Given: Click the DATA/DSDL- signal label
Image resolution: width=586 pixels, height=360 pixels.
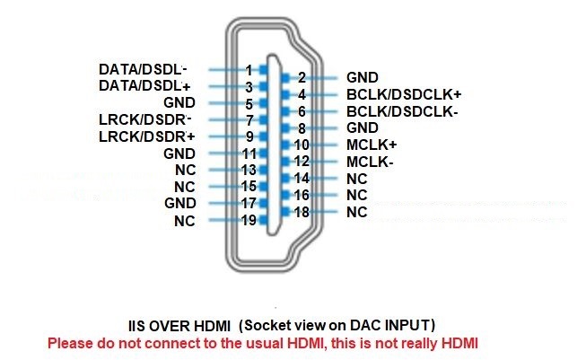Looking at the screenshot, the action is [143, 69].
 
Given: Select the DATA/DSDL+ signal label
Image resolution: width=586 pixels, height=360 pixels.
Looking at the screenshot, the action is [144, 85].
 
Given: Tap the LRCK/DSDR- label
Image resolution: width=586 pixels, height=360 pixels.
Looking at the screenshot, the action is [145, 119].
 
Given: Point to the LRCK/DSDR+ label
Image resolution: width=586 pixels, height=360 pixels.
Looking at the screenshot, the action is [146, 136].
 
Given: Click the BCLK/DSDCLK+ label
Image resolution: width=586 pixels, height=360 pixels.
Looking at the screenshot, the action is [404, 94].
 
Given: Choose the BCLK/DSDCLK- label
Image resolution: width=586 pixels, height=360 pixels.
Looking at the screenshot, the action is [402, 111].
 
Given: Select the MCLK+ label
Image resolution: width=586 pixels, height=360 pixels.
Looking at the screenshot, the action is [372, 145].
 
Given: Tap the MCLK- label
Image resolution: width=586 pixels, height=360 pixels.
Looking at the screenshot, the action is [370, 162].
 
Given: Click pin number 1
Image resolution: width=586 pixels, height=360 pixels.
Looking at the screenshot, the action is [249, 70].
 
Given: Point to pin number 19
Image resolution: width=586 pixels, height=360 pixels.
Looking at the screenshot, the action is [249, 220].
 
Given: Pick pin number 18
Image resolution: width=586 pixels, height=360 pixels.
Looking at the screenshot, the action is [302, 212].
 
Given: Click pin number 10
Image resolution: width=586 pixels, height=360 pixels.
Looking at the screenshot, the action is [302, 145].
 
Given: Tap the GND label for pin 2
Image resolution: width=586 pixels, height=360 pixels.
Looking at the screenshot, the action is [363, 77].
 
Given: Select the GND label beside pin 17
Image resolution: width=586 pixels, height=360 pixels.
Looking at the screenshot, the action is [180, 203].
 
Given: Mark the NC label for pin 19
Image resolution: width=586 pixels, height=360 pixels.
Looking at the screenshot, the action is [185, 221].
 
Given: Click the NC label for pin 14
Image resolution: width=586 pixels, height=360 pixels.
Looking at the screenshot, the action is [357, 179].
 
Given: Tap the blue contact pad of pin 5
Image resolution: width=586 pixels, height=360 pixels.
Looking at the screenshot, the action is [264, 103].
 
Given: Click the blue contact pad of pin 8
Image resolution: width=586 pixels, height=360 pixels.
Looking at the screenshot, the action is [285, 128].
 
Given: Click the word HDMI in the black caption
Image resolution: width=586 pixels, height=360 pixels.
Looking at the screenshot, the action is [213, 326].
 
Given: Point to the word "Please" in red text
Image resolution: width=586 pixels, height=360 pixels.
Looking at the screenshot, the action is [70, 343].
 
